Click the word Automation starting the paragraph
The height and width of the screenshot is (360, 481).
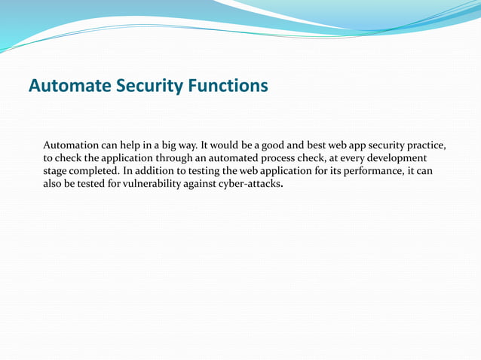72,145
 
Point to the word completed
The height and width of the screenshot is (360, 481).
94,172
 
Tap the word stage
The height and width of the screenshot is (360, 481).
57,172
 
